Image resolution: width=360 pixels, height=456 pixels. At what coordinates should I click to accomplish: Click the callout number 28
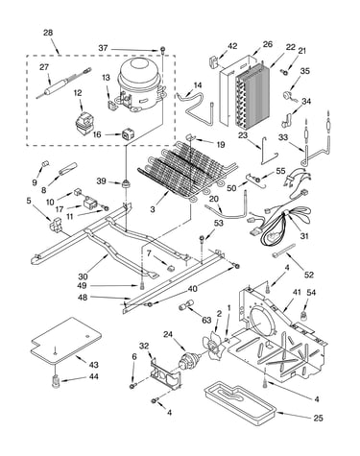(48, 33)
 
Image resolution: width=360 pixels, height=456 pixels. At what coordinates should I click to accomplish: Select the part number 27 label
(44, 67)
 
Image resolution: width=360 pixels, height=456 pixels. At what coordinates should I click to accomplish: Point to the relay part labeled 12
(84, 123)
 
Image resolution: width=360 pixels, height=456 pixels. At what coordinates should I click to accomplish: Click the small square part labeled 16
(128, 134)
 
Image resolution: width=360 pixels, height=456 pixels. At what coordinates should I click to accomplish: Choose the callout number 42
(232, 46)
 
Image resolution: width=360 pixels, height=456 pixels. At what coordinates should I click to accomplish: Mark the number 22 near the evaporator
(290, 47)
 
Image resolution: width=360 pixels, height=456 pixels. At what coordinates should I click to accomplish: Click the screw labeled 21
(284, 72)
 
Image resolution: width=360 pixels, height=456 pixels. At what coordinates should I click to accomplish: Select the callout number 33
(283, 137)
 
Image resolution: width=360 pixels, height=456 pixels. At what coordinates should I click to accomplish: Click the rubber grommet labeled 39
(127, 184)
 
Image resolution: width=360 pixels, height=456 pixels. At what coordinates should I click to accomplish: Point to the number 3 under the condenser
(153, 209)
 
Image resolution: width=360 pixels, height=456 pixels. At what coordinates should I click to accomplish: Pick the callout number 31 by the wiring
(304, 236)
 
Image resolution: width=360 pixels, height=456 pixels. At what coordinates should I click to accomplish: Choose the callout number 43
(93, 365)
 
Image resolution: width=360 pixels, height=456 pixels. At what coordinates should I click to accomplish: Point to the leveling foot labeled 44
(57, 382)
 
